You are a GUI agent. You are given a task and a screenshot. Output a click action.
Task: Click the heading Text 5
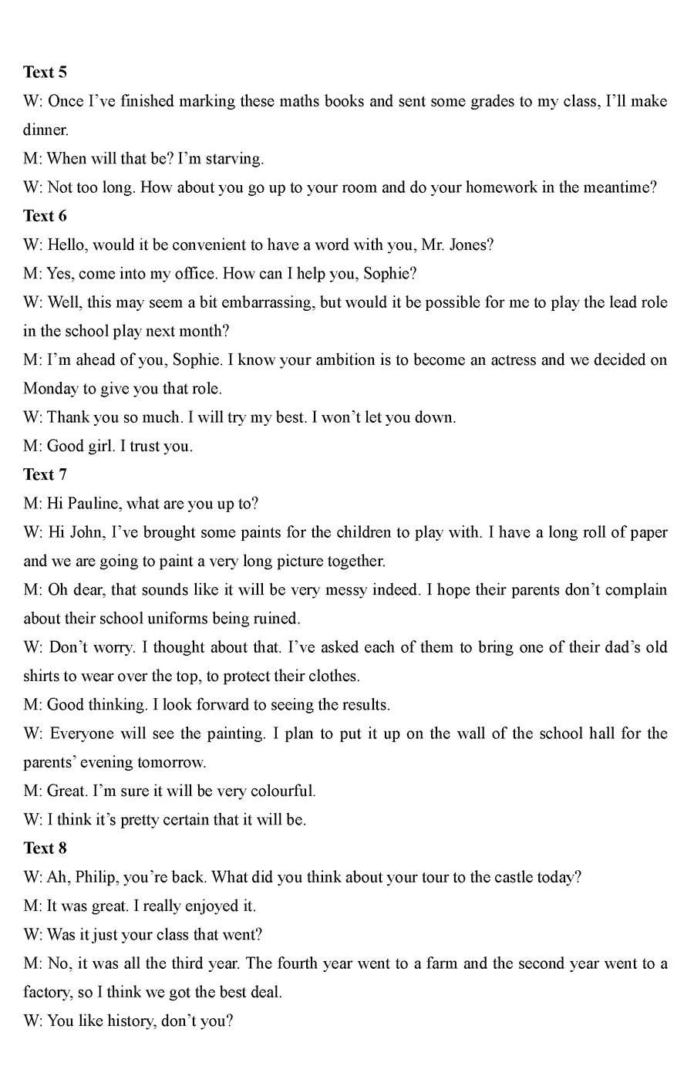[45, 73]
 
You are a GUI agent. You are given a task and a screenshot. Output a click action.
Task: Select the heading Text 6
[45, 216]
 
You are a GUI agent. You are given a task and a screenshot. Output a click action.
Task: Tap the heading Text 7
[45, 474]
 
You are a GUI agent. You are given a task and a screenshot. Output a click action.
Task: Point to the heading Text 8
[45, 848]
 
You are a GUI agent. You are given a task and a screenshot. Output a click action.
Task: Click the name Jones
[471, 245]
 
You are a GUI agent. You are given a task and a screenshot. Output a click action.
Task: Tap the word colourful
[282, 791]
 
